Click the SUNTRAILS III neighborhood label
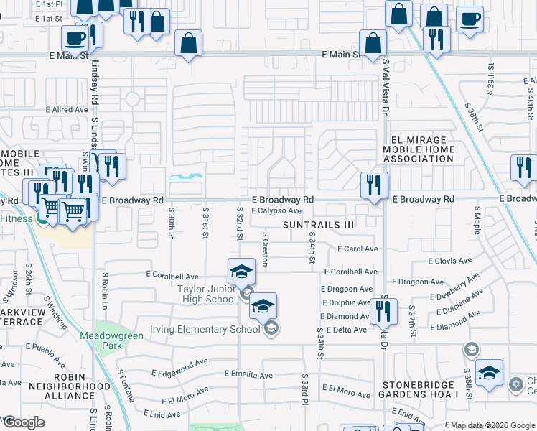click(319, 225)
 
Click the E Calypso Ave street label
click(276, 211)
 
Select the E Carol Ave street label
click(358, 249)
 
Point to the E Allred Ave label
click(66, 110)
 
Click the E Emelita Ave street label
click(248, 374)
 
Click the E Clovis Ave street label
click(452, 261)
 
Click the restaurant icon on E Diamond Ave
click(384, 310)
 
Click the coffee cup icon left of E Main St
click(74, 37)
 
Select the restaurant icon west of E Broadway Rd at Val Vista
click(373, 184)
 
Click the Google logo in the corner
click(23, 422)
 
